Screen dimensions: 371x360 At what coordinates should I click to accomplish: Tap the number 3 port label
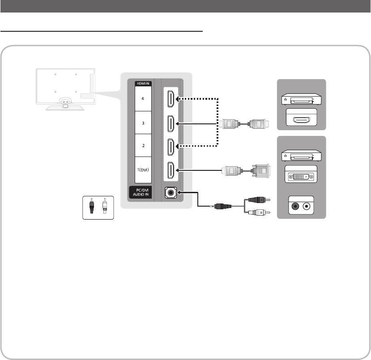point(143,122)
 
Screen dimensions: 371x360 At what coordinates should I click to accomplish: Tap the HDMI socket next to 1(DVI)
point(170,170)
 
